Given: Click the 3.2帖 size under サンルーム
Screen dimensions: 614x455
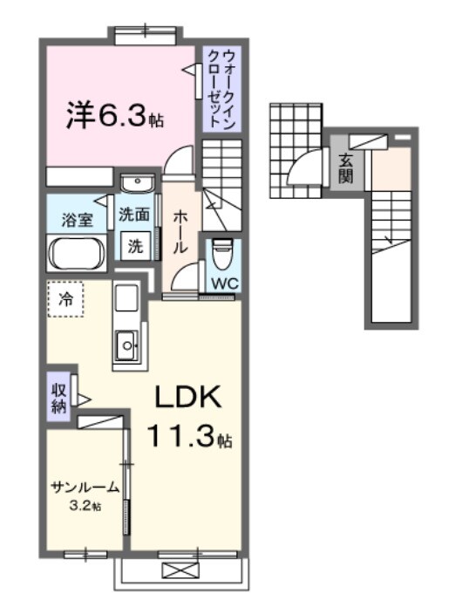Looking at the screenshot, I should pyautogui.click(x=85, y=505).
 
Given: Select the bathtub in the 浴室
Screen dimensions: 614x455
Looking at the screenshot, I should pyautogui.click(x=77, y=254).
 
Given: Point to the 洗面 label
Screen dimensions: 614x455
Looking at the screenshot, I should pyautogui.click(x=136, y=214).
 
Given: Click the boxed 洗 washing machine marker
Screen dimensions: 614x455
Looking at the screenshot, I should pyautogui.click(x=136, y=245).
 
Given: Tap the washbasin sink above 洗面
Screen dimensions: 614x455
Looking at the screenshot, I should pyautogui.click(x=136, y=184).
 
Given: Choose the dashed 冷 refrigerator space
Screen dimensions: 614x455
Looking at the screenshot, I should pyautogui.click(x=65, y=299).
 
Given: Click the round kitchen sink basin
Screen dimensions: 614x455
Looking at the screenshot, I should pyautogui.click(x=128, y=345).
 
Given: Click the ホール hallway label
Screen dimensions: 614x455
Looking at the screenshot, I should pyautogui.click(x=180, y=231).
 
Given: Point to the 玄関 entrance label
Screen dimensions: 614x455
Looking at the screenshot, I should pyautogui.click(x=345, y=167).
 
